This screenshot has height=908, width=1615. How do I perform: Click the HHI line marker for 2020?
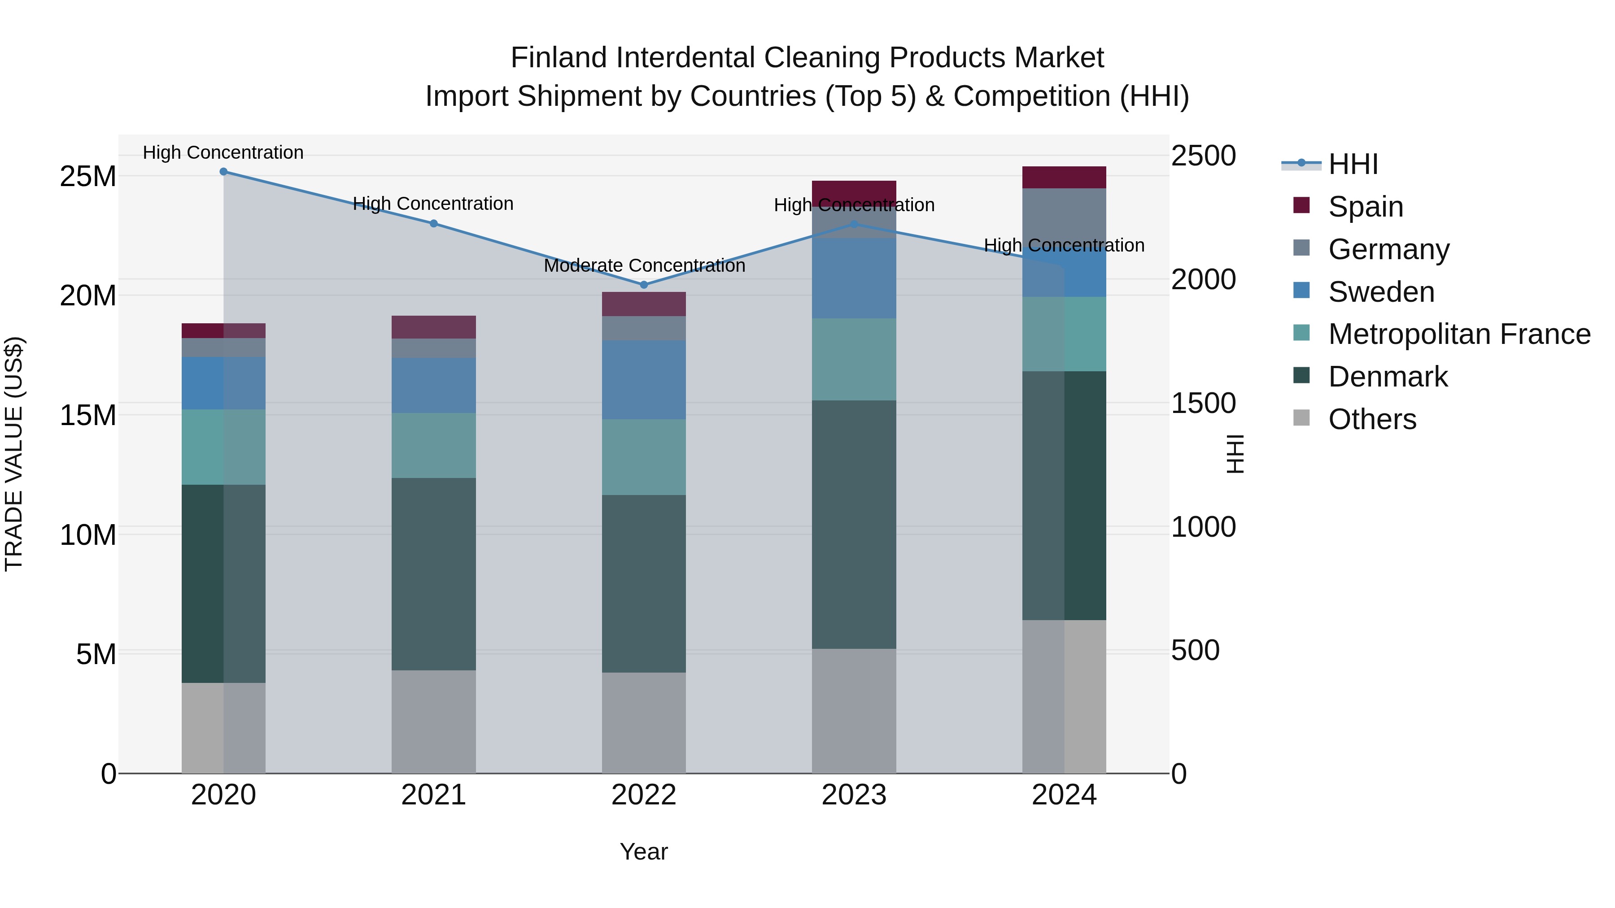(x=223, y=172)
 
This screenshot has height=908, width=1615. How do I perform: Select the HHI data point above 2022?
(x=643, y=284)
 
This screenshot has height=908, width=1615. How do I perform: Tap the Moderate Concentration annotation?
(x=644, y=266)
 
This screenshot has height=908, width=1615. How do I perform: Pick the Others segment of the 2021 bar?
(x=433, y=721)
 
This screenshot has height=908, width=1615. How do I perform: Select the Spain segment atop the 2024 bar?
(x=1064, y=177)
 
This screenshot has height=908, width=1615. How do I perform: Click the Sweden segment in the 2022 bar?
(x=643, y=380)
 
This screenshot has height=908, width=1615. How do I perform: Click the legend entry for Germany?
(x=1388, y=249)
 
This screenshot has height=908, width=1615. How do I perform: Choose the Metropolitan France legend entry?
(x=1458, y=334)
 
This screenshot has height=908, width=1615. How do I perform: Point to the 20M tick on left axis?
(x=88, y=295)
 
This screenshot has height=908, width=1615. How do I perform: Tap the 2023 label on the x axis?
(x=853, y=795)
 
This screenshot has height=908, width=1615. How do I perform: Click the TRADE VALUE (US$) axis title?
(x=14, y=454)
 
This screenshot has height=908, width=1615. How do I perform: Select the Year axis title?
(x=643, y=852)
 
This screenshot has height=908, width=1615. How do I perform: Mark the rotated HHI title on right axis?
(x=1235, y=454)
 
